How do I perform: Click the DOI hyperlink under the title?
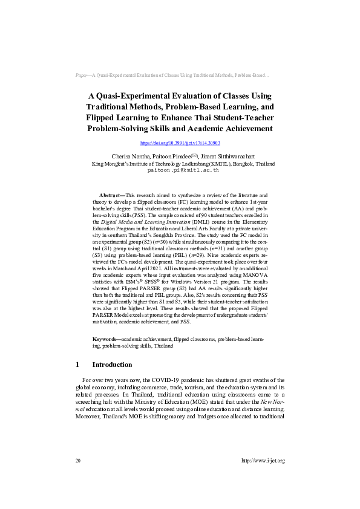pos(180,143)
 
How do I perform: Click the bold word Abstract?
pos(111,196)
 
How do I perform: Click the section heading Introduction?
pos(112,365)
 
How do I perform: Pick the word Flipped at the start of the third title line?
pos(104,117)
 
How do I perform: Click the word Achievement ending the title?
pos(243,128)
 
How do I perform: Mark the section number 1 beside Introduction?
pos(77,365)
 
